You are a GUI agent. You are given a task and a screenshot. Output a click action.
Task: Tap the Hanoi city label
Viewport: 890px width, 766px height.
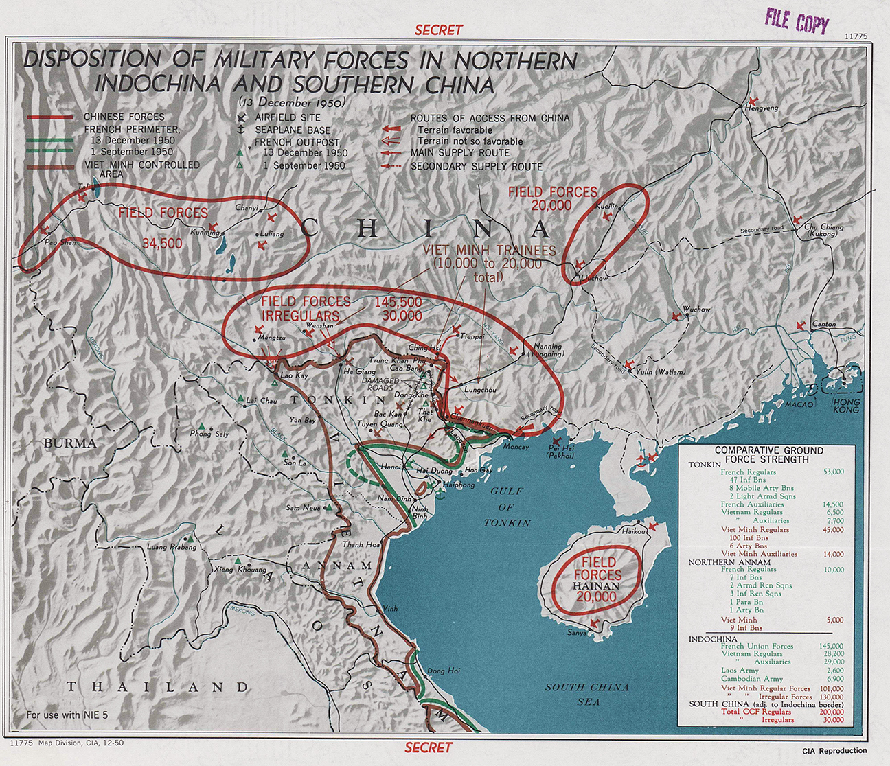pyautogui.click(x=391, y=467)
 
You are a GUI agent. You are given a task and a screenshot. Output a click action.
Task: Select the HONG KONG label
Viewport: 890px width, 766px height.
pyautogui.click(x=845, y=405)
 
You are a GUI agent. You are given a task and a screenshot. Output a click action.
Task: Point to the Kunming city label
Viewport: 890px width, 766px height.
pyautogui.click(x=205, y=232)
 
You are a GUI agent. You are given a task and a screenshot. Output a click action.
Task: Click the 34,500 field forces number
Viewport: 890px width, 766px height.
pyautogui.click(x=162, y=244)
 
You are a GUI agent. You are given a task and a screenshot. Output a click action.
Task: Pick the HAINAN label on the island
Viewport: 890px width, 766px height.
pyautogui.click(x=596, y=586)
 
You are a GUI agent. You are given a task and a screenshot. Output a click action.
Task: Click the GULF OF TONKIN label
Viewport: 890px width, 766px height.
pyautogui.click(x=507, y=507)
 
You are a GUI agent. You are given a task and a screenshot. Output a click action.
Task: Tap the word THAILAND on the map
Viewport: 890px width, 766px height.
pyautogui.click(x=157, y=687)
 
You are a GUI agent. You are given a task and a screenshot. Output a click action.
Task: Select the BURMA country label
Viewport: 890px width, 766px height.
pyautogui.click(x=70, y=443)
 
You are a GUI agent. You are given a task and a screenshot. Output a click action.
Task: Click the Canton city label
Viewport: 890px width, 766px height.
pyautogui.click(x=824, y=324)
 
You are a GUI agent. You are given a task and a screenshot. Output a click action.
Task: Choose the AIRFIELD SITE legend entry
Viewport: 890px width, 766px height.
pyautogui.click(x=287, y=117)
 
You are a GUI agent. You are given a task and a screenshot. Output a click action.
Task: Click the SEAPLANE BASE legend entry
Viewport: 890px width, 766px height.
pyautogui.click(x=293, y=130)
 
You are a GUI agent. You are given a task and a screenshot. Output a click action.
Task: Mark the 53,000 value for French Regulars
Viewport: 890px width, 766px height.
pyautogui.click(x=833, y=472)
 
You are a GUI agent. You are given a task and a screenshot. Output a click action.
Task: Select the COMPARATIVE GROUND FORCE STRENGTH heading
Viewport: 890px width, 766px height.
pyautogui.click(x=768, y=455)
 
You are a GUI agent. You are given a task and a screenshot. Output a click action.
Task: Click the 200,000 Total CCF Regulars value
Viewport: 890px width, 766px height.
pyautogui.click(x=832, y=712)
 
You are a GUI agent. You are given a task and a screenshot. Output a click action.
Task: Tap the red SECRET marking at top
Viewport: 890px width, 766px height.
pyautogui.click(x=439, y=30)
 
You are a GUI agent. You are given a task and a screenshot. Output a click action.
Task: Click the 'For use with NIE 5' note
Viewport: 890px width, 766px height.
pyautogui.click(x=67, y=715)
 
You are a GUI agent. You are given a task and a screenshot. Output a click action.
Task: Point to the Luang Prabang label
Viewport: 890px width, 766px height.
pyautogui.click(x=172, y=547)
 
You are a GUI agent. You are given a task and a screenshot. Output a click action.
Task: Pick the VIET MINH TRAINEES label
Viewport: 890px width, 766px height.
pyautogui.click(x=489, y=251)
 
